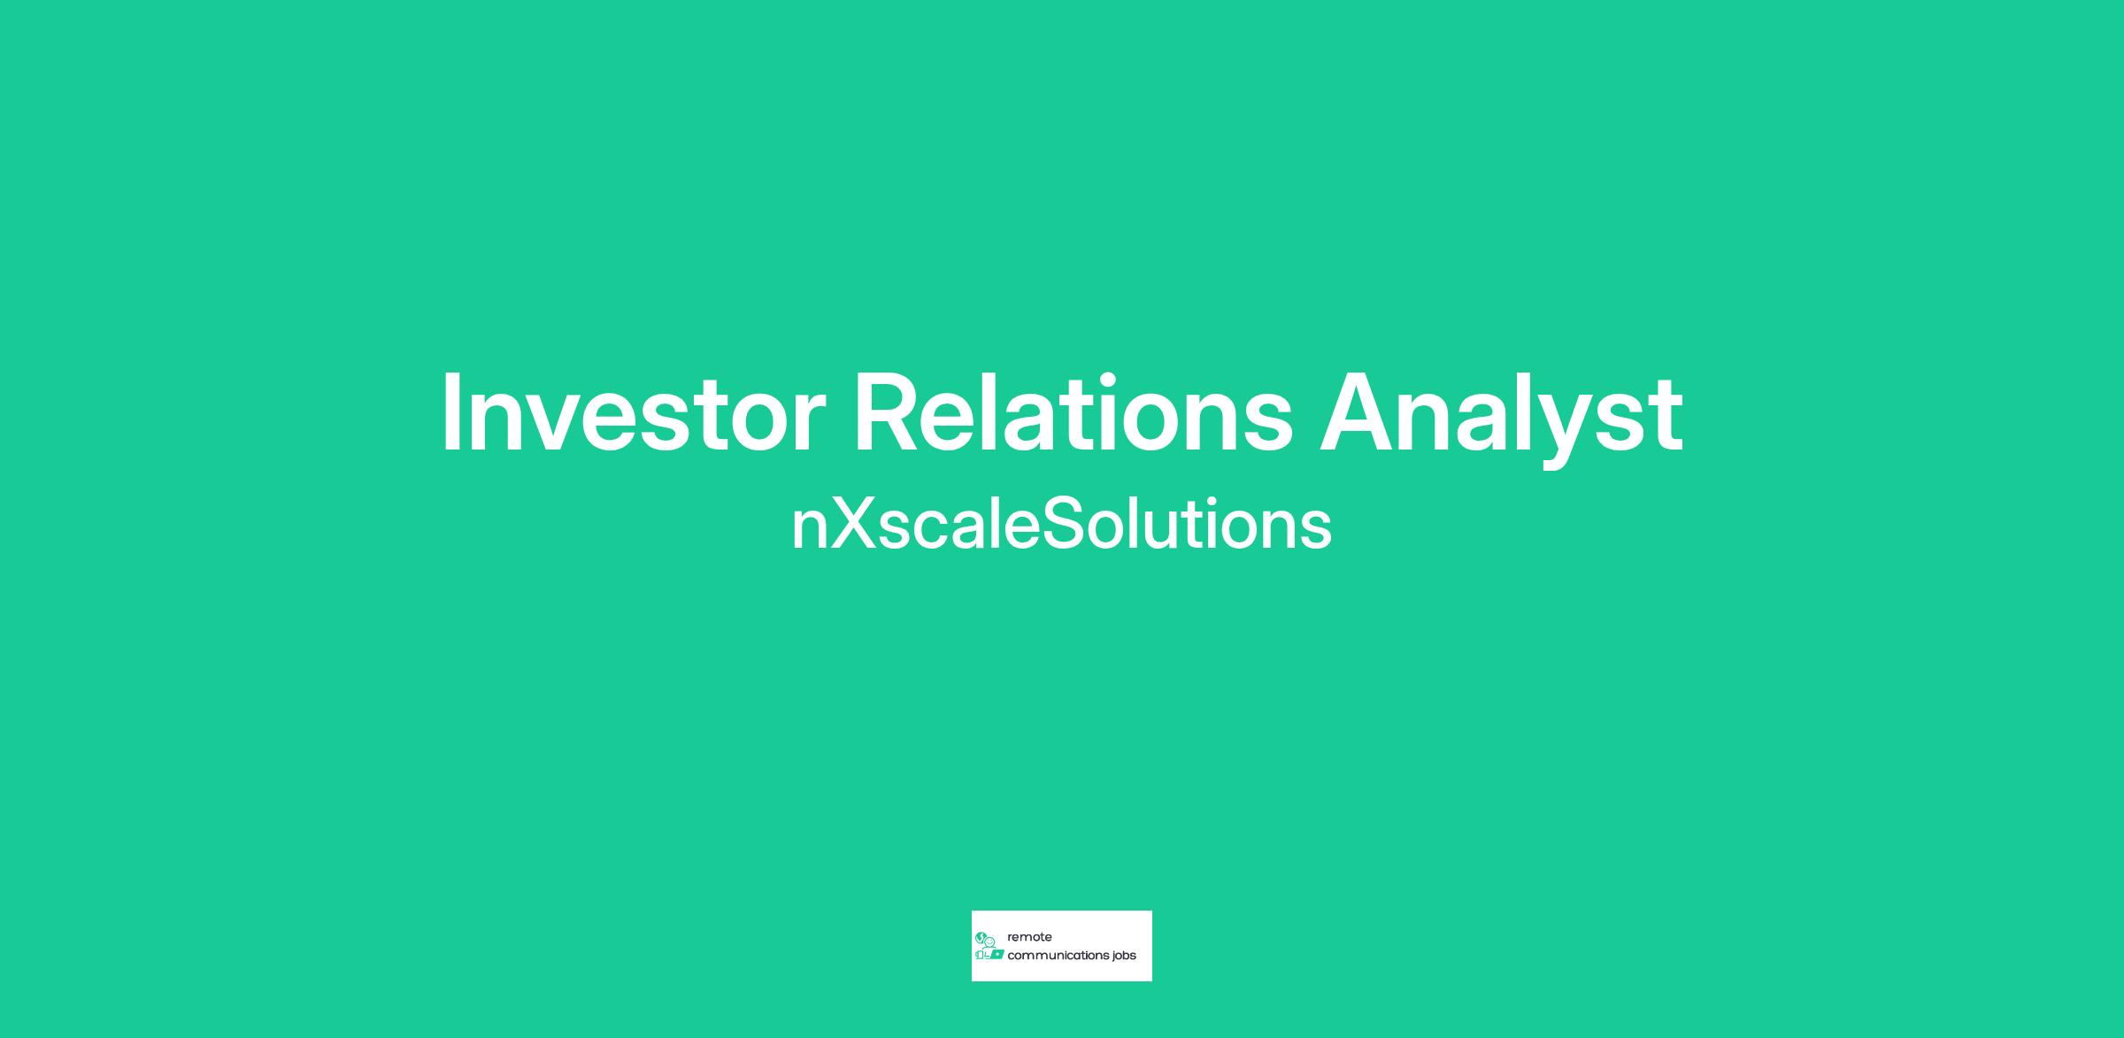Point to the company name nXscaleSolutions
click(x=1061, y=524)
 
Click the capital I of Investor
click(x=450, y=412)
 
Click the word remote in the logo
click(x=1029, y=937)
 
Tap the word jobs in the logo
click(x=1124, y=957)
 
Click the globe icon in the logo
click(x=981, y=938)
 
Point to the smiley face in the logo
click(x=989, y=942)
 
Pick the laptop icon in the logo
click(x=997, y=954)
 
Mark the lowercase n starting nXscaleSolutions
click(x=809, y=531)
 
